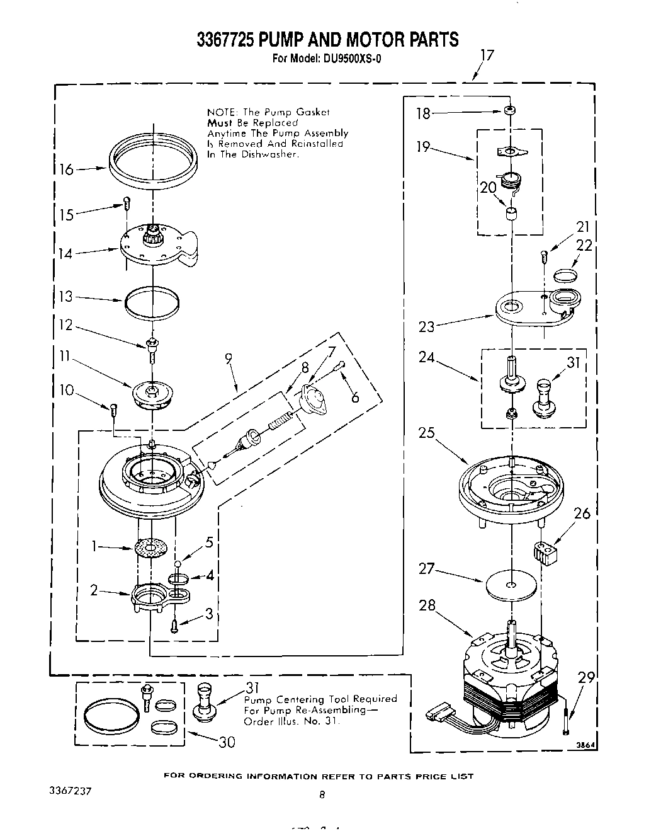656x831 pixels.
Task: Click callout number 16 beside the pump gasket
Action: coord(65,169)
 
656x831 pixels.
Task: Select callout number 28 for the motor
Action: coord(427,605)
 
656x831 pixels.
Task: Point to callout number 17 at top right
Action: coord(487,55)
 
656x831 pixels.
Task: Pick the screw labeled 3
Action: coord(174,625)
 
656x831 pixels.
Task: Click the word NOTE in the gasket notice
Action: coord(219,112)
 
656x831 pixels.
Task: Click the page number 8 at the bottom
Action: coord(322,795)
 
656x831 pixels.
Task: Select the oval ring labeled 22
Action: coord(566,274)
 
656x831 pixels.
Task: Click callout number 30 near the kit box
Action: coord(227,742)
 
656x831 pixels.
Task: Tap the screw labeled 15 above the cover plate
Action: coord(126,203)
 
